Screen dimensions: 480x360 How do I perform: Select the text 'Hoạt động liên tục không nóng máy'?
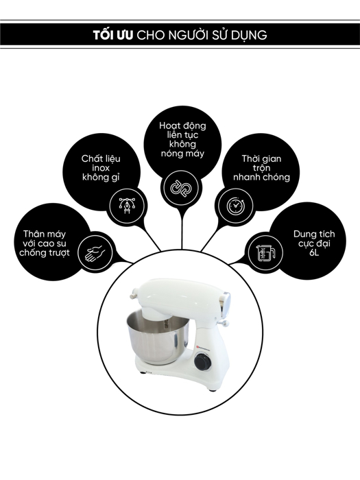click(182, 140)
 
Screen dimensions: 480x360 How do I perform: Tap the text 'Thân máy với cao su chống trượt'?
click(46, 243)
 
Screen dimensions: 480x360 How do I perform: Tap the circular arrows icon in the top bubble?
click(182, 186)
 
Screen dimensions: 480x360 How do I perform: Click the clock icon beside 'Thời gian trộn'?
click(234, 204)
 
